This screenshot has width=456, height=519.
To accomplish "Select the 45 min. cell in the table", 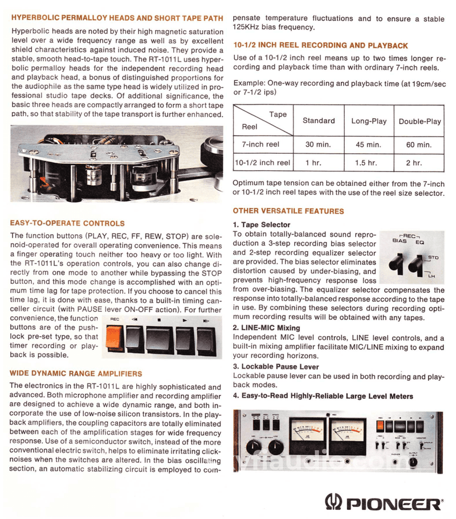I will click(368, 145).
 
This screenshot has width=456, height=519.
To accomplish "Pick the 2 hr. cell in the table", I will click(414, 163).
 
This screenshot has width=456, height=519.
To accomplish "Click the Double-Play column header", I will click(420, 121).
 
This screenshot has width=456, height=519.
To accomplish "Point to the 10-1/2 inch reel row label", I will click(262, 163).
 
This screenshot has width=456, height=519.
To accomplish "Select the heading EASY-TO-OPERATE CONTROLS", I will click(68, 223).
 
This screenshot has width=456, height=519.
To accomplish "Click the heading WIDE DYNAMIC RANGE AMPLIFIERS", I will click(76, 374).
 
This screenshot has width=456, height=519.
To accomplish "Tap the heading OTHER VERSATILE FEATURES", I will click(288, 211).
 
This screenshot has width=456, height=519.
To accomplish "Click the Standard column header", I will click(319, 121).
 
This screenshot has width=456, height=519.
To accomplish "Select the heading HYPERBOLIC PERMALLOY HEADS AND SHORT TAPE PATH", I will click(117, 18).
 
